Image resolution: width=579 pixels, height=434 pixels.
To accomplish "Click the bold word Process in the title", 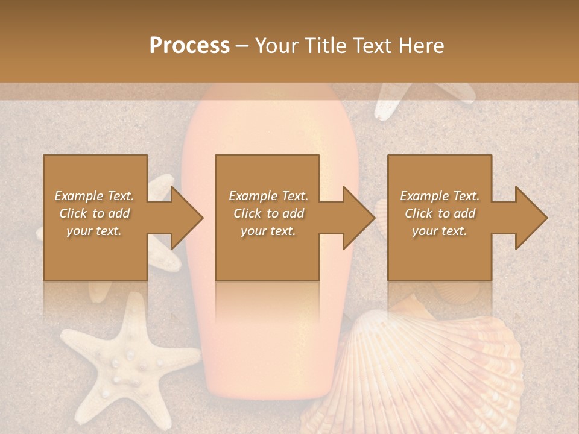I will (189, 46).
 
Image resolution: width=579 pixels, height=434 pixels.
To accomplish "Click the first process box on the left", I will (95, 253).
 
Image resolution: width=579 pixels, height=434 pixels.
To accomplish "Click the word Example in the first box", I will (78, 196).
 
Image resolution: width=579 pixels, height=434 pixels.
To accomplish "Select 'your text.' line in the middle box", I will (268, 231).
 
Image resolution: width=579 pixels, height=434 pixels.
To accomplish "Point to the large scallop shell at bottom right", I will (434, 374).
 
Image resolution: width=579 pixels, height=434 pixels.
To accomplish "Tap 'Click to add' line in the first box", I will (95, 213).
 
